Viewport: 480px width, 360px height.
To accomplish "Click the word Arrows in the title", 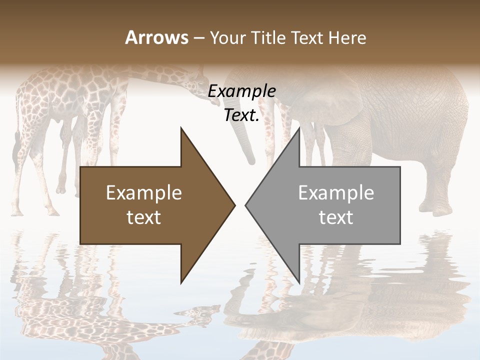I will [x=157, y=37].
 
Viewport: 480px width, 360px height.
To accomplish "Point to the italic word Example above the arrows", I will [x=241, y=91].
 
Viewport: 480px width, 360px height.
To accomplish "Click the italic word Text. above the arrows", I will [x=241, y=115].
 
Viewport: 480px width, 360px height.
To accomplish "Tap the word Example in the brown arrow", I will [x=144, y=192].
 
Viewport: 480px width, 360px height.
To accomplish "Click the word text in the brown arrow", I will [x=144, y=217].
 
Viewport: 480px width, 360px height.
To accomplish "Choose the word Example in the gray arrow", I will [x=336, y=192].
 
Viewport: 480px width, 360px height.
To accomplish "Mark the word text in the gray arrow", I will [x=336, y=217].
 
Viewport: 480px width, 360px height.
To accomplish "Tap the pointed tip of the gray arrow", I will [x=247, y=205].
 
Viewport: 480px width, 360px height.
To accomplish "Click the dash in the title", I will [x=198, y=38].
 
